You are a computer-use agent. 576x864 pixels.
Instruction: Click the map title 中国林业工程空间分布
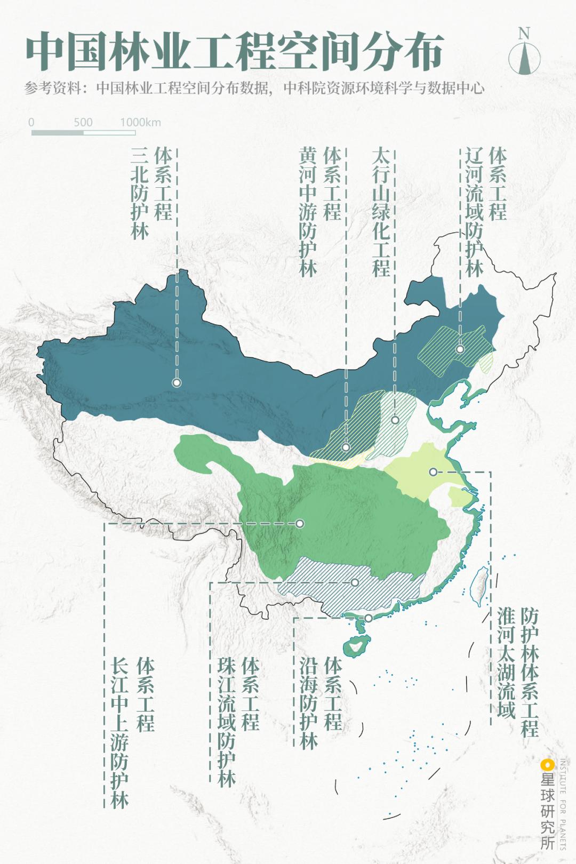click(235, 52)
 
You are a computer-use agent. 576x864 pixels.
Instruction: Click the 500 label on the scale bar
click(83, 122)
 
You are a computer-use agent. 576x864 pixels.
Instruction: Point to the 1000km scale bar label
click(140, 122)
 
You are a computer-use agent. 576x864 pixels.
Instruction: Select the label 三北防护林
click(140, 193)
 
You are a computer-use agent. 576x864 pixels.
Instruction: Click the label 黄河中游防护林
click(308, 212)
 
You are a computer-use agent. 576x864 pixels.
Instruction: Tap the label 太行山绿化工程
click(381, 212)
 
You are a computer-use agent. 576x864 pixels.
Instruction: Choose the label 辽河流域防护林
click(474, 212)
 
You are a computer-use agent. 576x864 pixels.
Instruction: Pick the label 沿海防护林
click(309, 702)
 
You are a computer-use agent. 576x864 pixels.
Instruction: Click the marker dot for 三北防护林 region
click(177, 382)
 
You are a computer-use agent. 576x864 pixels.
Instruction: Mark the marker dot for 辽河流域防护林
click(460, 349)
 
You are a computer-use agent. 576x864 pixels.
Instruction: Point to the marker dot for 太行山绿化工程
click(395, 420)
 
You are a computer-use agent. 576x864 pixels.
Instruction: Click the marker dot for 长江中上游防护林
click(300, 523)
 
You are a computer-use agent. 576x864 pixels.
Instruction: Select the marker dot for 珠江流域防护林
click(355, 582)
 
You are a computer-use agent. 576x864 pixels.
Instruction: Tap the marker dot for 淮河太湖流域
click(433, 471)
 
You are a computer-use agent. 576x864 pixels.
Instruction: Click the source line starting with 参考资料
click(254, 88)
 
